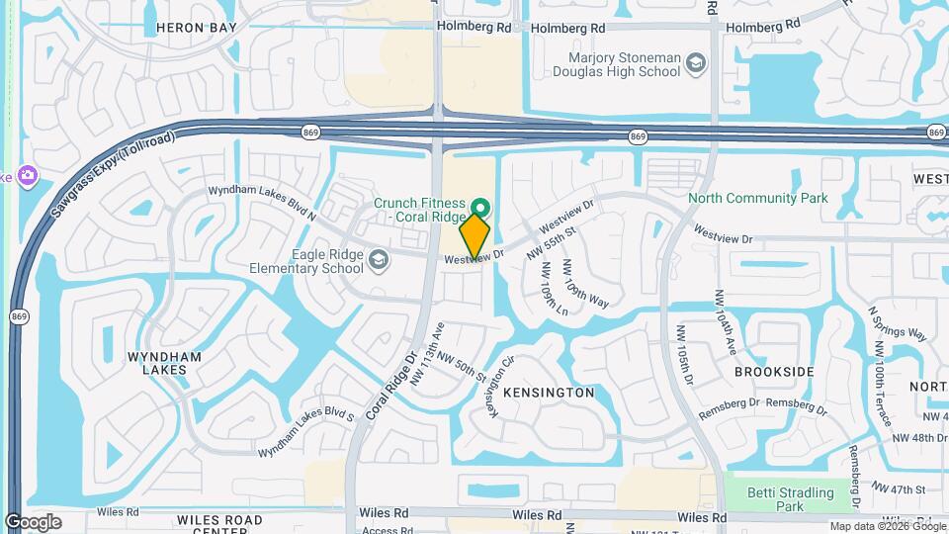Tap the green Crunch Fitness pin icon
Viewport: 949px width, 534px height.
[x=480, y=208]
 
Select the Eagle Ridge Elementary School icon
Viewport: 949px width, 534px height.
[x=377, y=260]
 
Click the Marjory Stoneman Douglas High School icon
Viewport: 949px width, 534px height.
[x=697, y=64]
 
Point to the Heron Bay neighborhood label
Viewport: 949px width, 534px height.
[x=197, y=29]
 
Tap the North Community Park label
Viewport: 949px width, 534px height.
[x=758, y=199]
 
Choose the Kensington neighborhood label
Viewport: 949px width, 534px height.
[x=549, y=393]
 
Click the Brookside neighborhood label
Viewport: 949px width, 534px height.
[x=774, y=372]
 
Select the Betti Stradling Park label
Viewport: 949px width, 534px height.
[x=789, y=498]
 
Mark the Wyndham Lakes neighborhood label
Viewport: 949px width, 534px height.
[x=164, y=363]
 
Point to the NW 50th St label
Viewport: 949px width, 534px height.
[x=463, y=369]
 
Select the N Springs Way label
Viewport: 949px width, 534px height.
[x=897, y=322]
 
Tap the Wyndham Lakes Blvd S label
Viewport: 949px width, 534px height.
[x=305, y=432]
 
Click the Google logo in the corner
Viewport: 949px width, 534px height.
[x=33, y=522]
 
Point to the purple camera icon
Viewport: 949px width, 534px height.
[x=27, y=176]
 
